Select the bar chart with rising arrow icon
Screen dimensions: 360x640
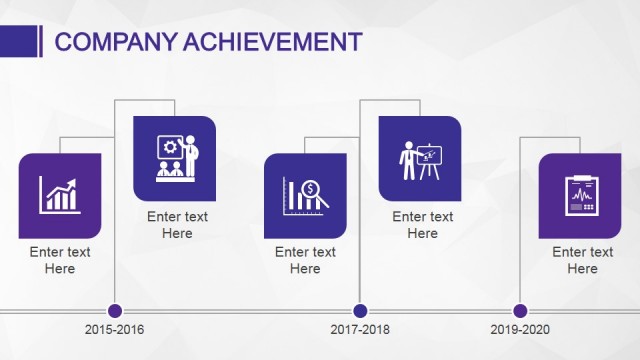point(60,195)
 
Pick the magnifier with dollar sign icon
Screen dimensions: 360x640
point(305,195)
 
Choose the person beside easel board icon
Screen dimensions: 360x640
point(420,159)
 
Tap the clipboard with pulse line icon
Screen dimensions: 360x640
point(580,195)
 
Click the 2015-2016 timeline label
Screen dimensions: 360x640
point(115,329)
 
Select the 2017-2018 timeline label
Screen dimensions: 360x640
point(360,329)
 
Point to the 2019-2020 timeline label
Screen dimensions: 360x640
point(520,329)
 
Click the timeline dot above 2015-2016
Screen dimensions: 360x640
point(115,310)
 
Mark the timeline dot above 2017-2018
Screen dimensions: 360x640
point(360,310)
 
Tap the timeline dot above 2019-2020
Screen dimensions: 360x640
point(520,310)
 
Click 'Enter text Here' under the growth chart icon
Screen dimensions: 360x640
point(60,260)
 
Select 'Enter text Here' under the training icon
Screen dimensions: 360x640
point(177,225)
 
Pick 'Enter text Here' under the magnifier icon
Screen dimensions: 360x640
point(305,260)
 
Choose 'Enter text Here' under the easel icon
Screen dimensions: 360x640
point(422,225)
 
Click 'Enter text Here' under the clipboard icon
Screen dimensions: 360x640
point(582,260)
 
